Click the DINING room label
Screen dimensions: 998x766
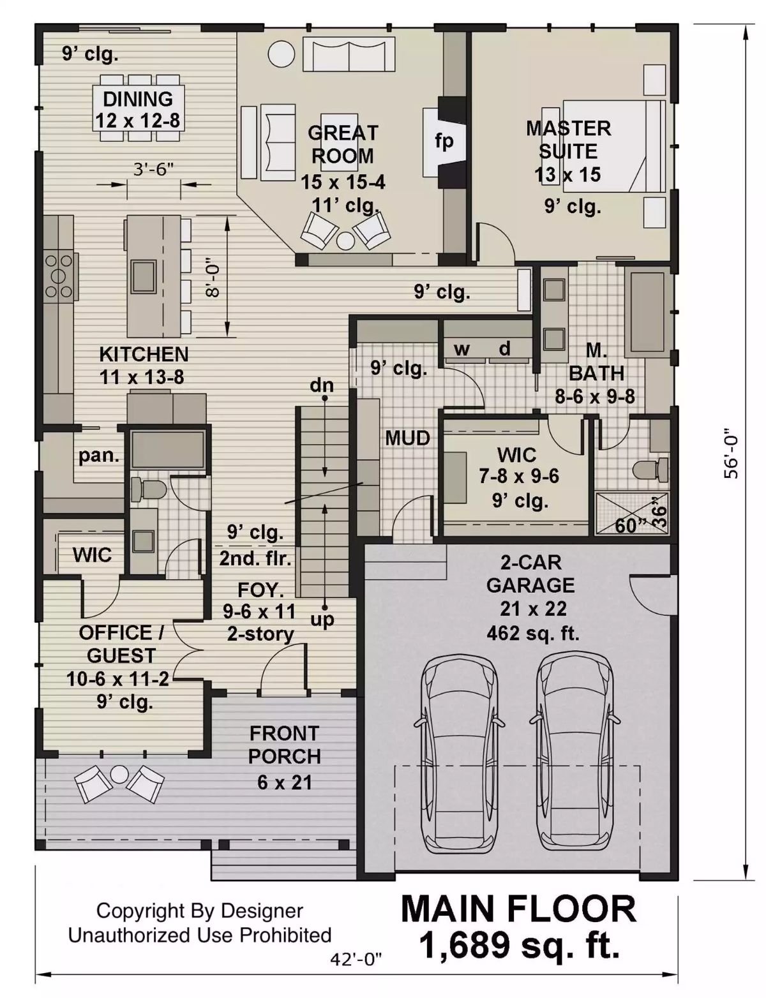coord(138,100)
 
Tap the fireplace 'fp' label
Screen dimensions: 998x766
coord(444,140)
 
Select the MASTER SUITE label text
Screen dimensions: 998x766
coord(568,140)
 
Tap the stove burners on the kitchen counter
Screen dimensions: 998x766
coord(58,276)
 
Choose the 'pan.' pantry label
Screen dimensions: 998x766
coord(99,456)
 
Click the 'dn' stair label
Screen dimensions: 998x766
coord(322,385)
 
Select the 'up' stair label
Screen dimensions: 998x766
coord(322,619)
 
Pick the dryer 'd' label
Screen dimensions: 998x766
coord(505,348)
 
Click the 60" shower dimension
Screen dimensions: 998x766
coord(628,526)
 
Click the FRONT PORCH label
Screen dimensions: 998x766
coord(284,745)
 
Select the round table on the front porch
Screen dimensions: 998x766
coord(119,775)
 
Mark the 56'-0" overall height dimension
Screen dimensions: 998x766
coord(732,454)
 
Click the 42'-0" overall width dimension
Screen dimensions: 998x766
coord(356,958)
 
